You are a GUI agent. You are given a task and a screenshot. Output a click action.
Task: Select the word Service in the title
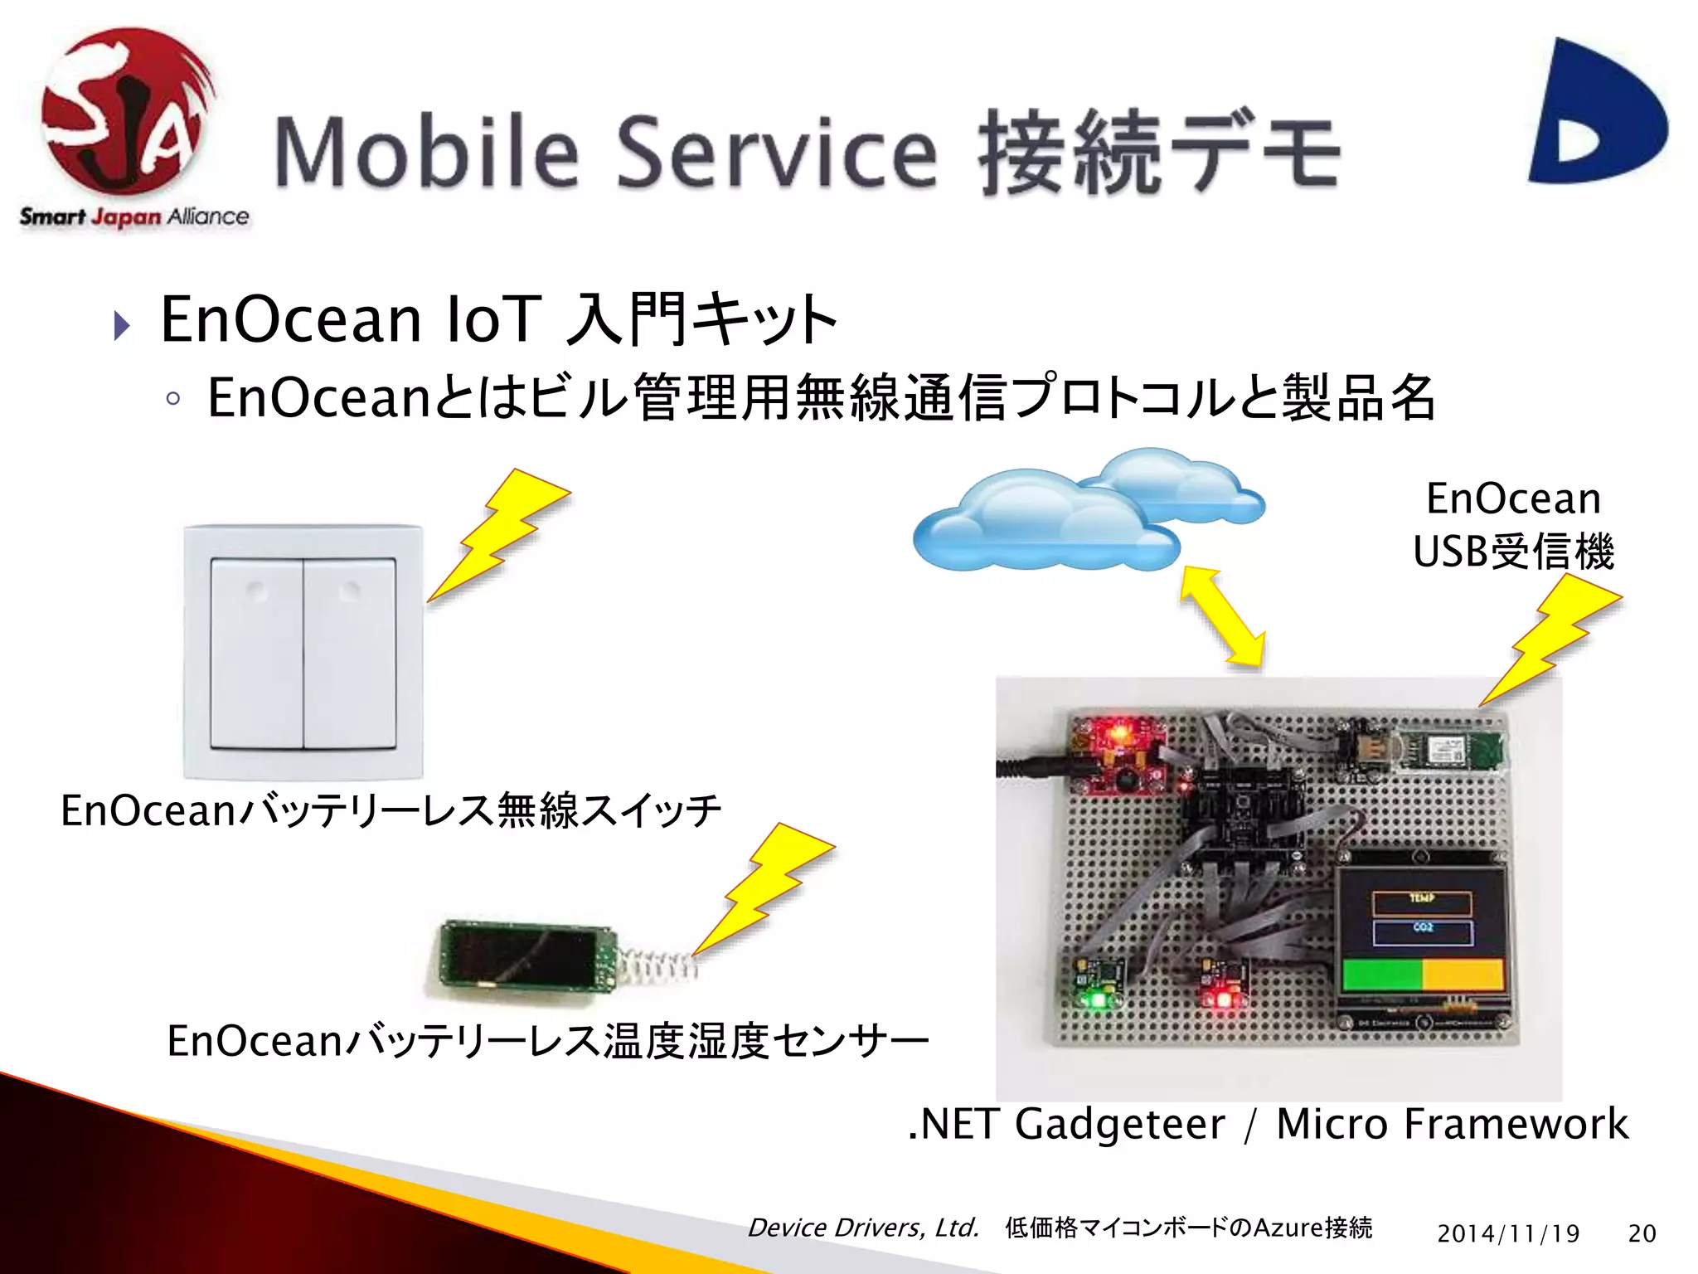pos(777,153)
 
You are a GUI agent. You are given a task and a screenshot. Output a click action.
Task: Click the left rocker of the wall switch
pos(256,653)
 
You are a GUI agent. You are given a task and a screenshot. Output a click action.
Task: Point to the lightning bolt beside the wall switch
pos(497,535)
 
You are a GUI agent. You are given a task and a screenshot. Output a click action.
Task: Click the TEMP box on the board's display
pos(1422,902)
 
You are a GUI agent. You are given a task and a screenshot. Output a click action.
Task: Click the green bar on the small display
pos(1381,974)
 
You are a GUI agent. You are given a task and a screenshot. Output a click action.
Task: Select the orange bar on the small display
pos(1463,974)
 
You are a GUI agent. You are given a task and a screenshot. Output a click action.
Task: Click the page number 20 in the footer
pos(1642,1233)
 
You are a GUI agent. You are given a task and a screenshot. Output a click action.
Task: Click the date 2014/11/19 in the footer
pos(1508,1233)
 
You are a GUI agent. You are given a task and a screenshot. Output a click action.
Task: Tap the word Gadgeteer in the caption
pos(1119,1125)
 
